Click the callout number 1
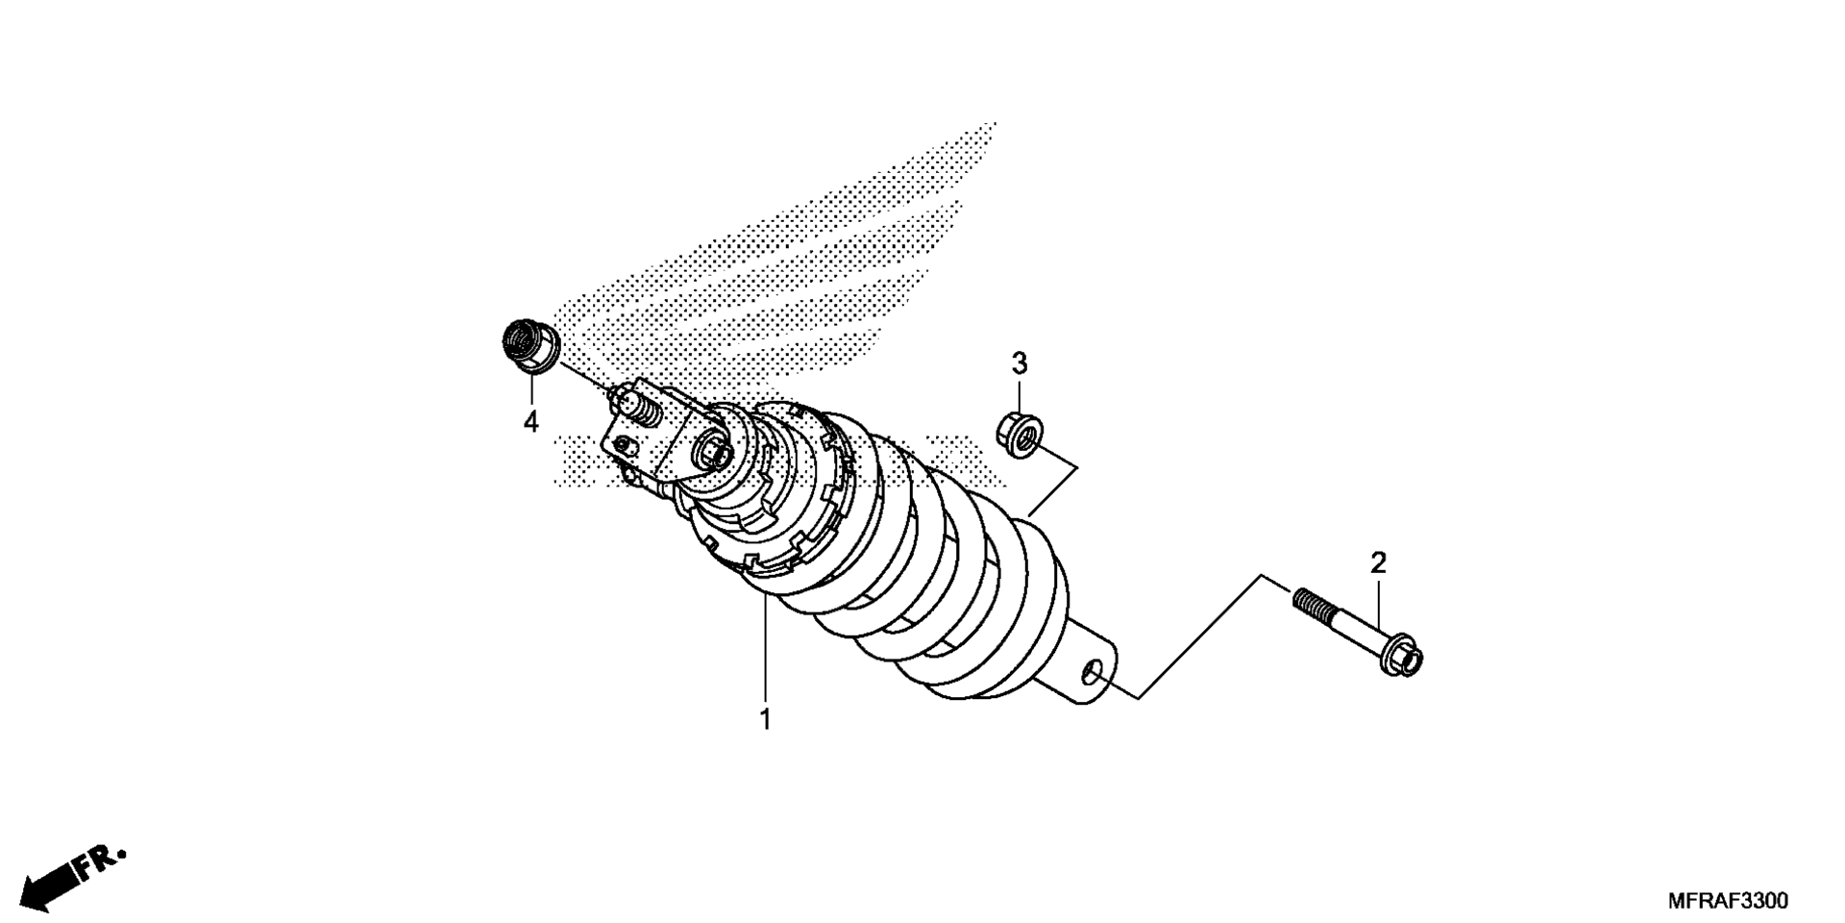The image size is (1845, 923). pyautogui.click(x=765, y=719)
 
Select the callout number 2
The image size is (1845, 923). pyautogui.click(x=1378, y=563)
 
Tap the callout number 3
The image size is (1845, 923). pyautogui.click(x=1020, y=363)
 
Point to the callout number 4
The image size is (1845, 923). pyautogui.click(x=530, y=421)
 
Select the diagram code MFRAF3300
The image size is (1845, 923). pyautogui.click(x=1728, y=901)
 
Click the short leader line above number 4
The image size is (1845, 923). pyautogui.click(x=531, y=389)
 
